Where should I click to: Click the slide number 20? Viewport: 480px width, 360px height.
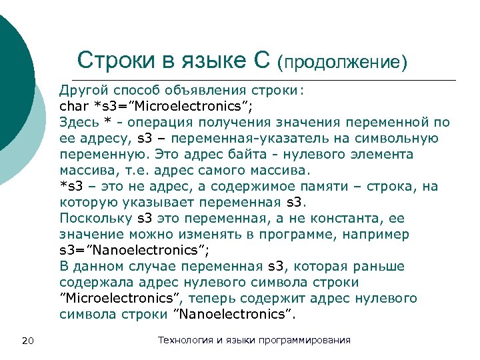pos(28,341)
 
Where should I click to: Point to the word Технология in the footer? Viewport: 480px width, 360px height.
pos(185,340)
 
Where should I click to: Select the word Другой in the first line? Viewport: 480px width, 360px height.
pos(83,90)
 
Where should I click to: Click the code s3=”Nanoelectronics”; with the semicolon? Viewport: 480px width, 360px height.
pos(134,250)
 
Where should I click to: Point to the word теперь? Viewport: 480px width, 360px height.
pos(255,298)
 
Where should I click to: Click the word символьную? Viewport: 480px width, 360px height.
pos(403,138)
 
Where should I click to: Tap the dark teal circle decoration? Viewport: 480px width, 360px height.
pos(12,80)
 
